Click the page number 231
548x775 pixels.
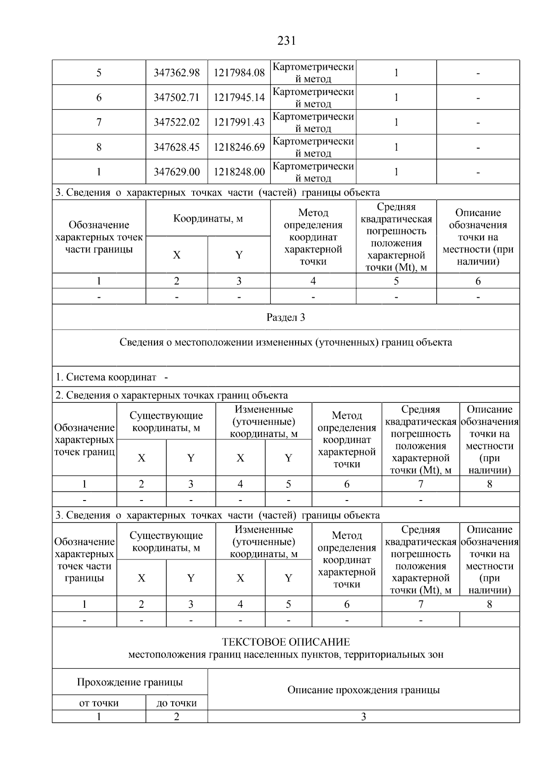[286, 41]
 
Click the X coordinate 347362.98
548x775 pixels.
[176, 73]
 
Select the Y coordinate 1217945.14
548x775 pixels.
[239, 97]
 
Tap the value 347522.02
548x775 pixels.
[176, 122]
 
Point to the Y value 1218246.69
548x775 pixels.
[239, 147]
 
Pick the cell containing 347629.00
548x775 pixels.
[176, 172]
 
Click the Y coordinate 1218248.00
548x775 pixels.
[239, 172]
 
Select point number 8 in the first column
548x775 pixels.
[99, 147]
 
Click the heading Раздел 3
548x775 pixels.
[285, 317]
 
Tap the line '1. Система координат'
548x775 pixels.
[106, 377]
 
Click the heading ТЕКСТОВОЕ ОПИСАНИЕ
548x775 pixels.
[285, 642]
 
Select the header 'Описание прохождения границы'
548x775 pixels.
[363, 690]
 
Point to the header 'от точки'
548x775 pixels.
[99, 703]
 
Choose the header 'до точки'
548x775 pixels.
[176, 703]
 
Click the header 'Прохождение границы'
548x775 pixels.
[130, 682]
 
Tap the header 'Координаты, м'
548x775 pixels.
[208, 218]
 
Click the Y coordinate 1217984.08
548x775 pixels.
[239, 73]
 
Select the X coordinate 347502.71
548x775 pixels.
[176, 97]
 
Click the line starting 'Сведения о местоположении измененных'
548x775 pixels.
[285, 343]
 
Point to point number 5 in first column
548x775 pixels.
[99, 73]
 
